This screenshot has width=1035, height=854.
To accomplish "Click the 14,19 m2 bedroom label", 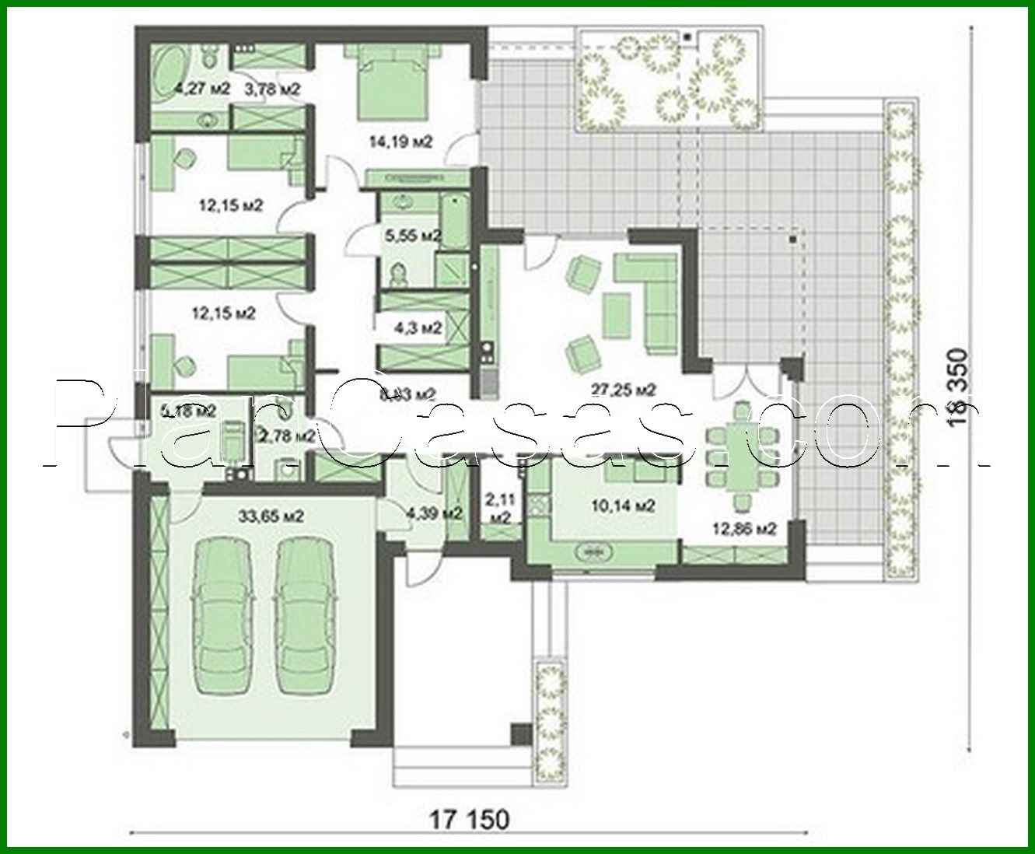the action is click(x=400, y=142).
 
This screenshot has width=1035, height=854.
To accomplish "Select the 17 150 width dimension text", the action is click(x=470, y=819).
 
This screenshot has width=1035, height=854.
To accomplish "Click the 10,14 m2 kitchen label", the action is click(x=623, y=506).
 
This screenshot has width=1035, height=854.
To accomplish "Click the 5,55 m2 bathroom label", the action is click(x=414, y=234).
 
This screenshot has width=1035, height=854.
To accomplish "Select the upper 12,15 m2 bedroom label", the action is click(x=231, y=205).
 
